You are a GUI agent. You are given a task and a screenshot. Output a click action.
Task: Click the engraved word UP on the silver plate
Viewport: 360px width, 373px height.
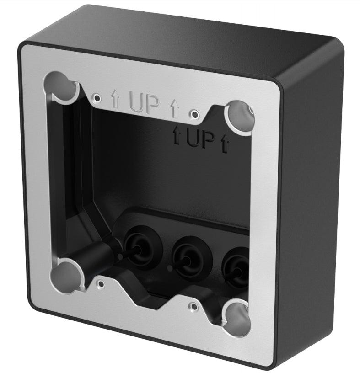pos(144,104)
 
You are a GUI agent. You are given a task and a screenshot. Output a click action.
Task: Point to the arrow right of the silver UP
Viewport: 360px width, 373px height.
pos(174,108)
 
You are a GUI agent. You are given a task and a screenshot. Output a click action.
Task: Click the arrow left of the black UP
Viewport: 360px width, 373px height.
pos(176,134)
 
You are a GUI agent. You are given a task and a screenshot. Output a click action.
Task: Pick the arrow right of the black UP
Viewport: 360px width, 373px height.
pos(224,143)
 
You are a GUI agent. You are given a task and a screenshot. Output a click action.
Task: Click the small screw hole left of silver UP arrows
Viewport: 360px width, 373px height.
pos(96,97)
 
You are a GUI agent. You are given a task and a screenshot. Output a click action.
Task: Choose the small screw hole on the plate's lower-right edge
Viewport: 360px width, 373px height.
pos(193,305)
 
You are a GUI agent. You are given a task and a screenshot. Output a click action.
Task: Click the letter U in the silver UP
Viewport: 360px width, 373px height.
pos(136,103)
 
